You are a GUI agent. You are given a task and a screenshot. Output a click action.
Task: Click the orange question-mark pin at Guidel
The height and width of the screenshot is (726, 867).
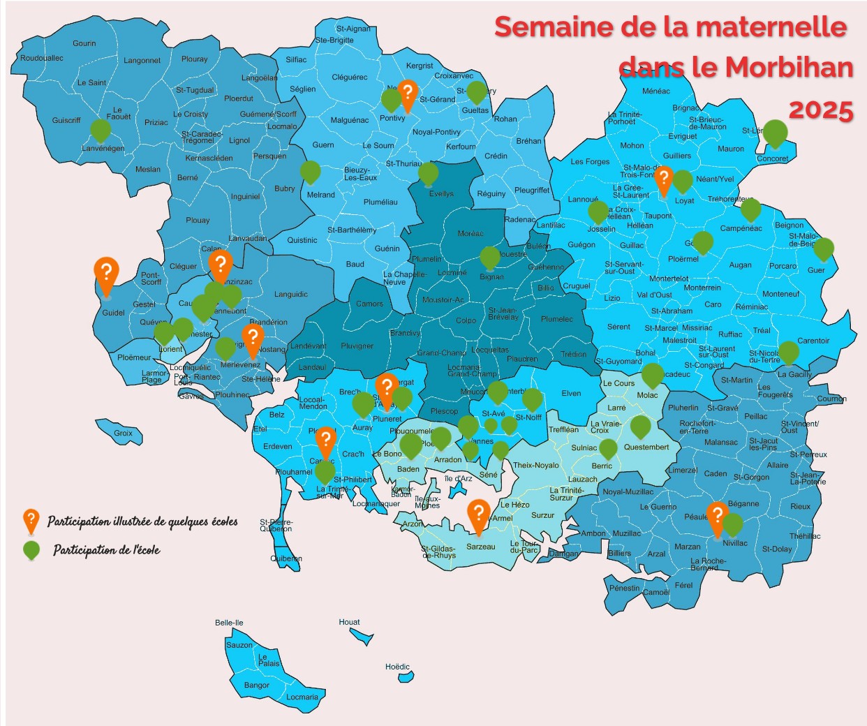point(106,274)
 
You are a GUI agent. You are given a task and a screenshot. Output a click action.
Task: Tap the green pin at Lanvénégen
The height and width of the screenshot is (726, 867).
point(101,131)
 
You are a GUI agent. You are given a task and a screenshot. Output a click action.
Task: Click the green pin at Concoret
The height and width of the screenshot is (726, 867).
point(775,132)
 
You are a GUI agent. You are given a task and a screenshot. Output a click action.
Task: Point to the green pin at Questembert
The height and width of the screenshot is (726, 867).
point(640,426)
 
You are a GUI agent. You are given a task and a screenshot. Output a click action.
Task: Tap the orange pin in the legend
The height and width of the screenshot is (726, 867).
point(31,520)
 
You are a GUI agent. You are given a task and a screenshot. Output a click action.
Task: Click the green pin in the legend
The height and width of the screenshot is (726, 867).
point(31,550)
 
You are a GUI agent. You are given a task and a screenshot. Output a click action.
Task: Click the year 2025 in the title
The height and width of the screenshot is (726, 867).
point(821,110)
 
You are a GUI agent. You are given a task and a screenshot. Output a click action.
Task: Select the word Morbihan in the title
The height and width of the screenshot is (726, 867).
point(789,67)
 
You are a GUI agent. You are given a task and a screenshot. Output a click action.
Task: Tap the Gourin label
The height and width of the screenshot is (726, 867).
point(84,43)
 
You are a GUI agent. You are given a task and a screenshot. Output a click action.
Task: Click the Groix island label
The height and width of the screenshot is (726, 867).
point(123,434)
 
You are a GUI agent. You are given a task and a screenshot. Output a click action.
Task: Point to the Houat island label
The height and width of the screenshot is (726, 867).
point(349,622)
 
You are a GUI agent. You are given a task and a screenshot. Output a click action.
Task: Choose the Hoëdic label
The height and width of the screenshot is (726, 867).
point(397,667)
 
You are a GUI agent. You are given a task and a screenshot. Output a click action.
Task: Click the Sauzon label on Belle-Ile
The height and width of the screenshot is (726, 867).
point(239,645)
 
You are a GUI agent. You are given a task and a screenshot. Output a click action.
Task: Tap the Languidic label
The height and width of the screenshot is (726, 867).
point(291,295)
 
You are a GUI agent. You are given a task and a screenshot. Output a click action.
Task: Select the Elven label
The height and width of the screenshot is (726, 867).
point(571,394)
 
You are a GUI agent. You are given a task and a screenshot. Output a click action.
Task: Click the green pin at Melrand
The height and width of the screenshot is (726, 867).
point(310,171)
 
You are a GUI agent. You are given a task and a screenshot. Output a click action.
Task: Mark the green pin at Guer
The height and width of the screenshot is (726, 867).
point(824,248)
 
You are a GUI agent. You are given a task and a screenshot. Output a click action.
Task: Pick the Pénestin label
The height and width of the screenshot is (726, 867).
point(624,588)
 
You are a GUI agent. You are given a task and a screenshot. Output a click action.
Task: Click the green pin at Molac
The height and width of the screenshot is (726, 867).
point(652,374)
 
